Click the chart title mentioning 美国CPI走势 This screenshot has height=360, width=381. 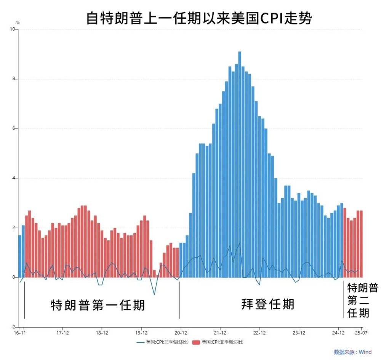click(x=199, y=18)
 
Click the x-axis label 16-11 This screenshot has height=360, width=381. click(x=20, y=333)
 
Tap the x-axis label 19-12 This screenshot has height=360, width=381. click(x=141, y=333)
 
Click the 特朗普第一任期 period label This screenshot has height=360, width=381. click(x=98, y=305)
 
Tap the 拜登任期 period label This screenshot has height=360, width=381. click(x=267, y=304)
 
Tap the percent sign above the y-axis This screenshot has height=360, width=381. click(x=18, y=23)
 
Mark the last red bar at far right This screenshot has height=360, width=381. click(x=361, y=244)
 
